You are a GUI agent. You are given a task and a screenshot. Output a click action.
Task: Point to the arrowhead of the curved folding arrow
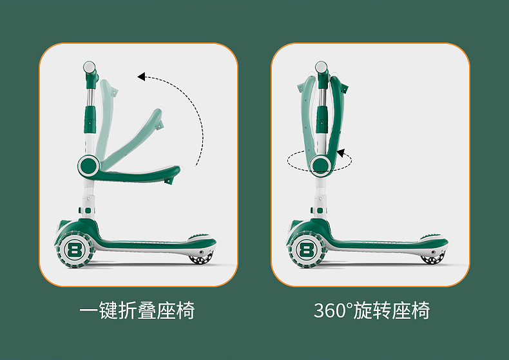point(142,77)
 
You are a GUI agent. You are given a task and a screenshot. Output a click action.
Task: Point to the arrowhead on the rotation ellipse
point(341,155)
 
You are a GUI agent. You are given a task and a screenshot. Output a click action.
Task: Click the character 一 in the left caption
point(90,311)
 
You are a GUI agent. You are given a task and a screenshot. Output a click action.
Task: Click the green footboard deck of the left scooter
point(148,243)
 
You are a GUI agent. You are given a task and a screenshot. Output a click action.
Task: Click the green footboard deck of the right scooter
point(380,243)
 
